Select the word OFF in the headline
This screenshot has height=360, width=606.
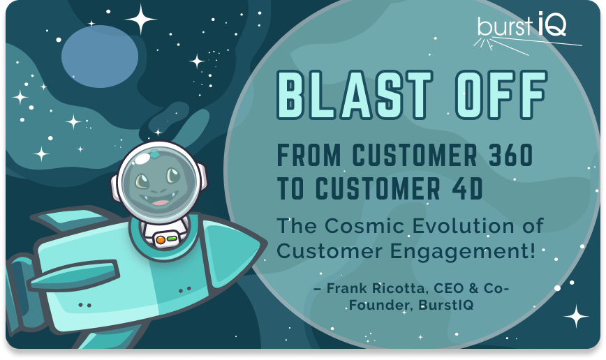(x=501, y=95)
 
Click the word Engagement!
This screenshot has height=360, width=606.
(x=463, y=252)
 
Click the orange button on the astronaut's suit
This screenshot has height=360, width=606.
(x=161, y=240)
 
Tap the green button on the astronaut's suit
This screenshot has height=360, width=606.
(x=172, y=239)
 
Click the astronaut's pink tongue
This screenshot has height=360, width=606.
(x=160, y=202)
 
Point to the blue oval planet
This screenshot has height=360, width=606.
(x=100, y=57)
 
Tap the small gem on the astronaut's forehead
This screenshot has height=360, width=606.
(x=154, y=154)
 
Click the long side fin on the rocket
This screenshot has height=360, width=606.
(x=74, y=276)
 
